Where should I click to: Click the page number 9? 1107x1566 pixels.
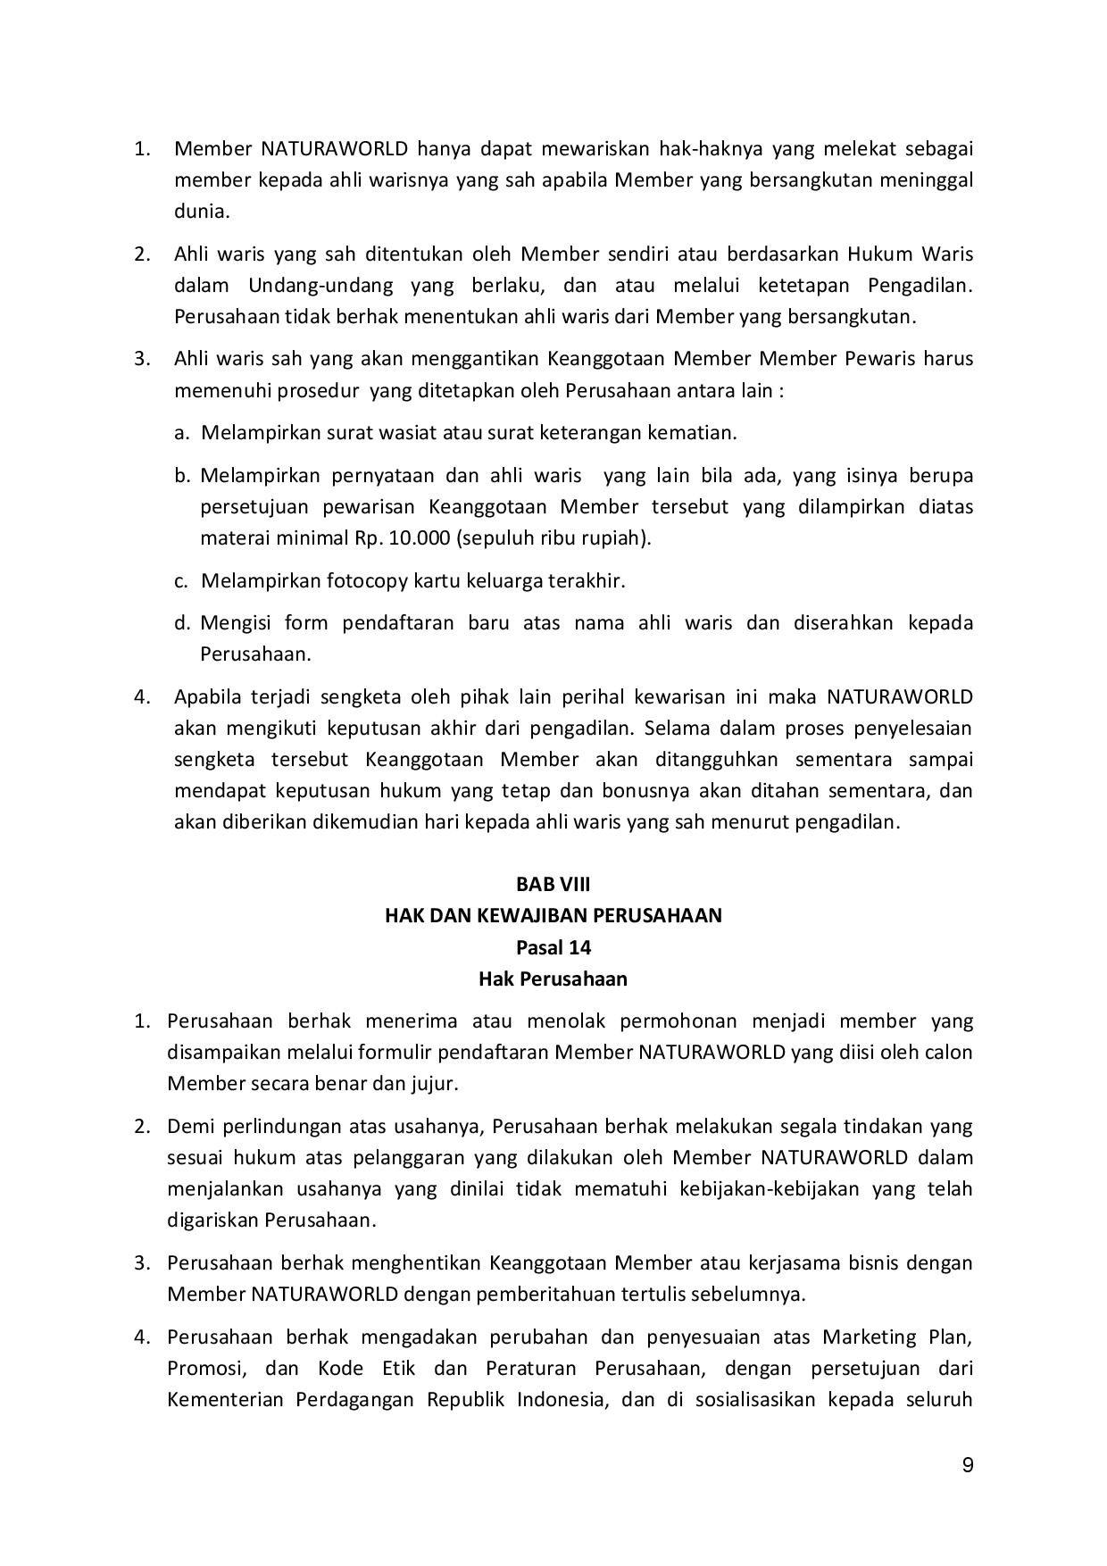pyautogui.click(x=968, y=1465)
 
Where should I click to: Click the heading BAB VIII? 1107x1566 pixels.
pyautogui.click(x=553, y=884)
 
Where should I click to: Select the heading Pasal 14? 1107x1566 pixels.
pyautogui.click(x=553, y=946)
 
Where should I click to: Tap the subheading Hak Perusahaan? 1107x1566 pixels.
pyautogui.click(x=553, y=979)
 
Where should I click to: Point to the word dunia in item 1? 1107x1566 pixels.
pyautogui.click(x=201, y=212)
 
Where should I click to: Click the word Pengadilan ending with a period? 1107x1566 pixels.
pyautogui.click(x=920, y=286)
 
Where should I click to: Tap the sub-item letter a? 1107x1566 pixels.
pyautogui.click(x=181, y=433)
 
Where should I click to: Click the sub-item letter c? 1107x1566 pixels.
pyautogui.click(x=181, y=581)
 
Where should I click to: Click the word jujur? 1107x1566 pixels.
pyautogui.click(x=434, y=1084)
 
